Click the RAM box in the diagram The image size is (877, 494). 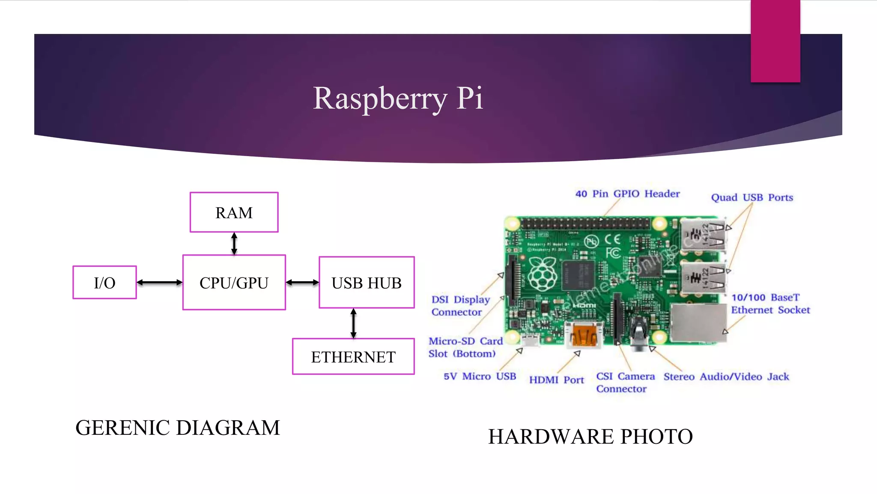tap(234, 212)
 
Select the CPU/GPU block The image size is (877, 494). tap(234, 283)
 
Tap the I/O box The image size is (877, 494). tap(104, 283)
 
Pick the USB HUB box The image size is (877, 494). tap(367, 283)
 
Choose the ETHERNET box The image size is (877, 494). tap(353, 357)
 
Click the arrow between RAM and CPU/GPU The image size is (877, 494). tap(234, 244)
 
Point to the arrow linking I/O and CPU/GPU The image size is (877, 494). tap(159, 283)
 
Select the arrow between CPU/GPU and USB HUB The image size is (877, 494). tap(302, 283)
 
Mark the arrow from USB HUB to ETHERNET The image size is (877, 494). tap(353, 323)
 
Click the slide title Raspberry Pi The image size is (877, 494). tap(398, 98)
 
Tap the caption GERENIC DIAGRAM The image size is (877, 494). tap(177, 428)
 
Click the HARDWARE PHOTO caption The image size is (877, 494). tap(590, 437)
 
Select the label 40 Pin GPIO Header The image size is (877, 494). tap(627, 194)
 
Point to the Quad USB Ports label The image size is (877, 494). tap(752, 198)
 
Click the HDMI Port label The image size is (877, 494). tap(556, 380)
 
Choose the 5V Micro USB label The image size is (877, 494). tap(480, 377)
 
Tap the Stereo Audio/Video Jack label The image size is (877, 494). tap(726, 377)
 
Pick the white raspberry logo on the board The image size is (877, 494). tap(542, 274)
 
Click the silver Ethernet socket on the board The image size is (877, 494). tap(698, 323)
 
